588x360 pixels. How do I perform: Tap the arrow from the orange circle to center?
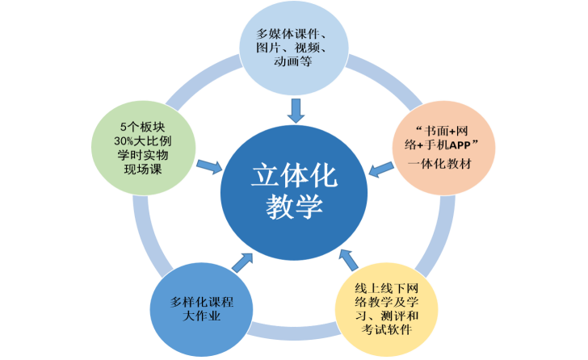379,168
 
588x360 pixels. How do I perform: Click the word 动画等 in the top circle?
293,61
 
